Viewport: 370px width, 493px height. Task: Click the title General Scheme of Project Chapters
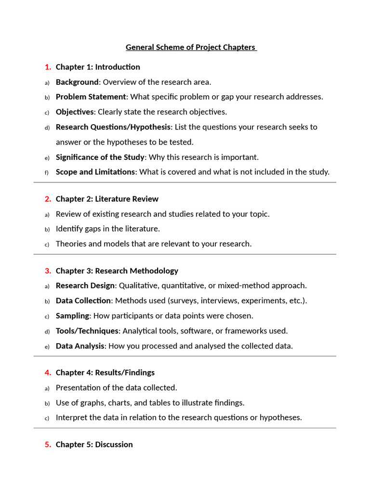click(x=191, y=47)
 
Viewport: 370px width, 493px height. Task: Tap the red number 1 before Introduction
click(x=48, y=67)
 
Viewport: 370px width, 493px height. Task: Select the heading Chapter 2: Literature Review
click(x=107, y=199)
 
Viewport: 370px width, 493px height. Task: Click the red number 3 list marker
click(x=48, y=271)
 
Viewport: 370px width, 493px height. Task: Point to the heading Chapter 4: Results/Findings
click(x=105, y=372)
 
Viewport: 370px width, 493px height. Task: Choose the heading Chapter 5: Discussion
click(x=94, y=444)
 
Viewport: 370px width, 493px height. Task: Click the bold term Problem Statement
click(x=91, y=97)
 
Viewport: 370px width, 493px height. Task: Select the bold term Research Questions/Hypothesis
click(x=113, y=127)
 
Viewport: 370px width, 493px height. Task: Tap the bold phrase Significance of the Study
click(x=100, y=157)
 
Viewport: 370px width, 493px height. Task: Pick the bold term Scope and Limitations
click(x=95, y=172)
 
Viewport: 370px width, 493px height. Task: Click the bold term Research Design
click(x=85, y=285)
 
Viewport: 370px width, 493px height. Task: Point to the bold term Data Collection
click(x=83, y=300)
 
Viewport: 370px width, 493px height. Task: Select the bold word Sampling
click(x=72, y=316)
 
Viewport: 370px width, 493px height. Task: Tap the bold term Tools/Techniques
click(x=87, y=331)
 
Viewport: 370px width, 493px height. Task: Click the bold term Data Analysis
click(x=80, y=346)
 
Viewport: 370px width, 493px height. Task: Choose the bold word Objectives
click(x=75, y=112)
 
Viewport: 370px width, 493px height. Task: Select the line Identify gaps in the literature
click(x=108, y=229)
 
